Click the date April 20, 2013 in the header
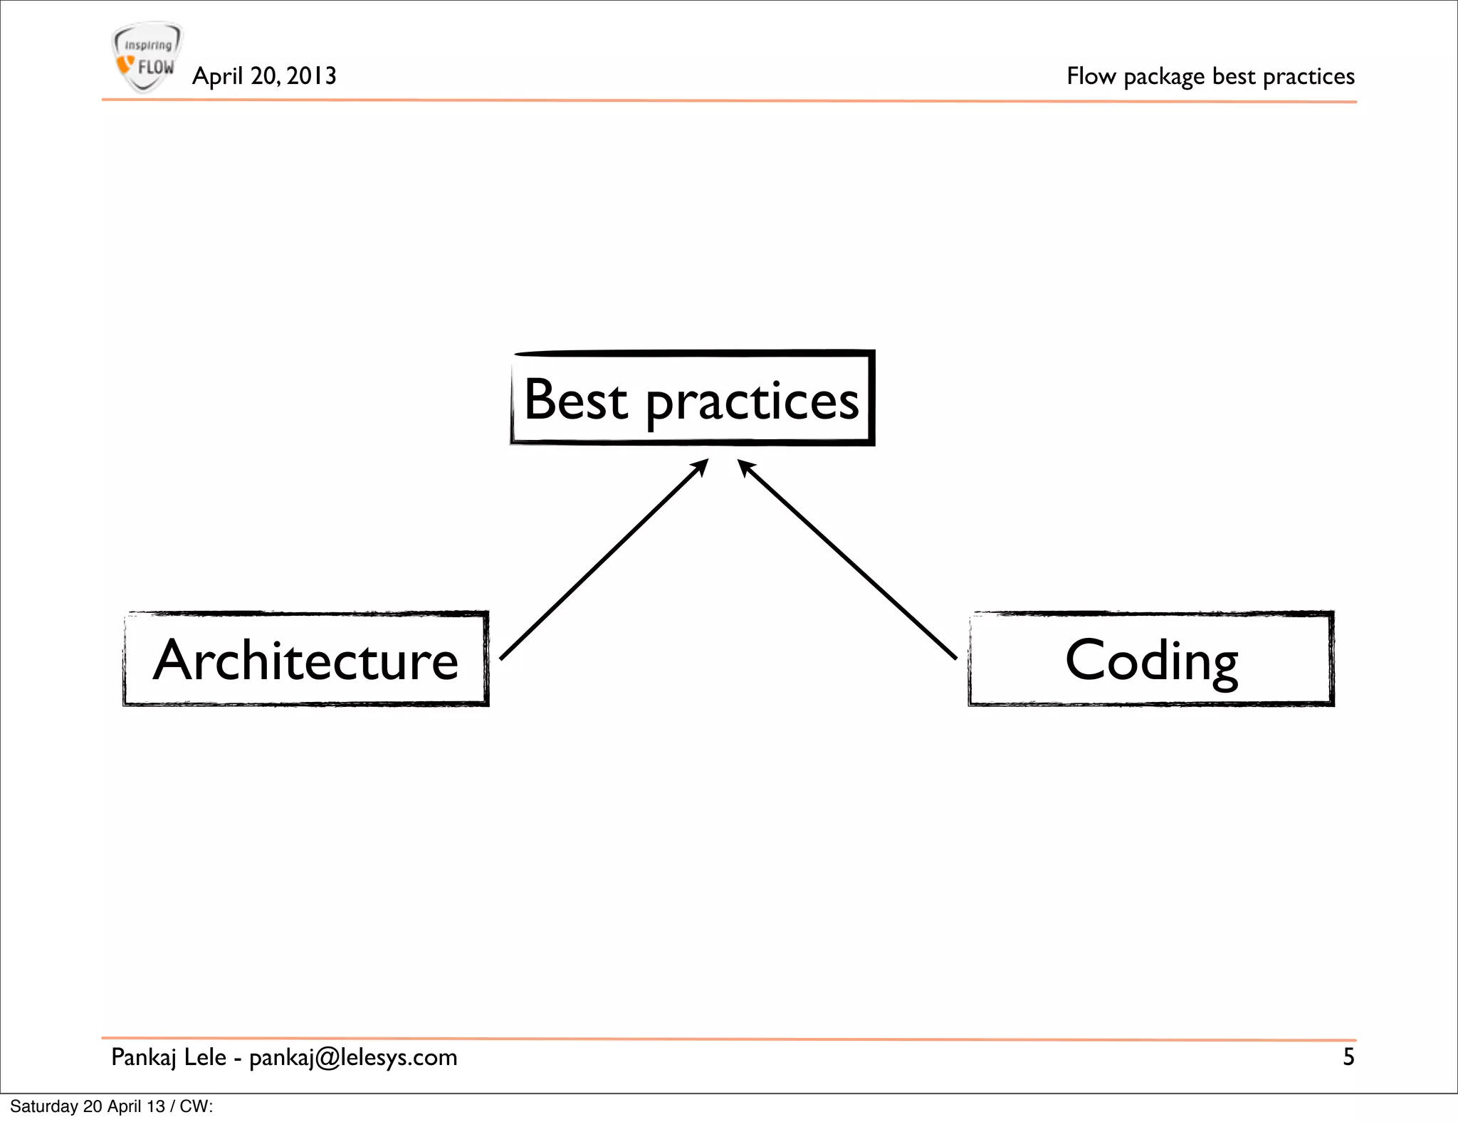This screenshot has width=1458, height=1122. click(264, 76)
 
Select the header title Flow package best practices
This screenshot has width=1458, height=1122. click(1210, 76)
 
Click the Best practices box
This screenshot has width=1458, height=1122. click(692, 399)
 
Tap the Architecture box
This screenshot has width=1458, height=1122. click(306, 659)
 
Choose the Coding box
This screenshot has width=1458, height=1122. click(1151, 659)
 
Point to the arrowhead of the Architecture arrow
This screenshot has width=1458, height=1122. click(701, 467)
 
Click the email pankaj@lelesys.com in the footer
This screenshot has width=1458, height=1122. click(353, 1058)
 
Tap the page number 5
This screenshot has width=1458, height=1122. click(1348, 1057)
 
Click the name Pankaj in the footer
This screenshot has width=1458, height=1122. click(144, 1058)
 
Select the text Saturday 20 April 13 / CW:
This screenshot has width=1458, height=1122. click(112, 1106)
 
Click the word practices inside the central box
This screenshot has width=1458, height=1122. click(752, 402)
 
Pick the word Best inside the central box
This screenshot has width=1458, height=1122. click(575, 399)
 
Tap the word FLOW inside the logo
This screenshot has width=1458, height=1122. click(156, 68)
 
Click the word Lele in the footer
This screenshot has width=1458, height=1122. click(205, 1057)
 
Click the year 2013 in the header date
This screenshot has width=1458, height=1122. click(311, 76)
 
